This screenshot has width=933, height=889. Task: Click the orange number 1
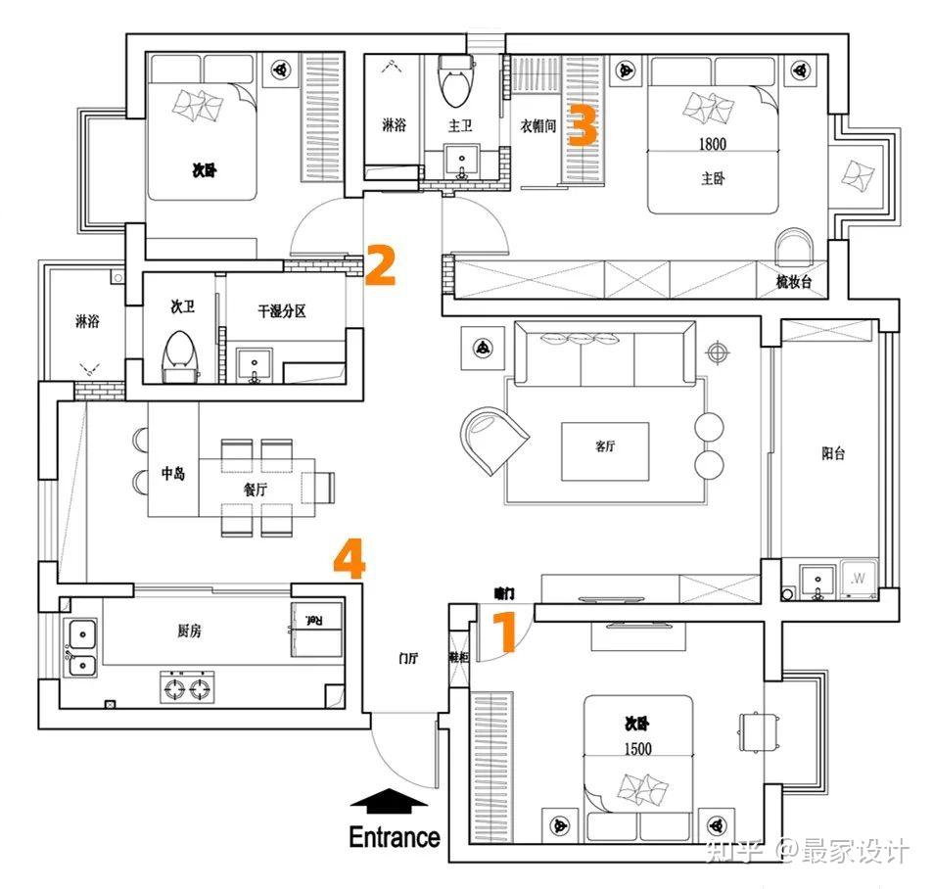pyautogui.click(x=503, y=632)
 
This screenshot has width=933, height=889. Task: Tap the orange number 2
pyautogui.click(x=380, y=265)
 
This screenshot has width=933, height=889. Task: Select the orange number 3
pyautogui.click(x=583, y=126)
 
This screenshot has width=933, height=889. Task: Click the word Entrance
pyautogui.click(x=395, y=838)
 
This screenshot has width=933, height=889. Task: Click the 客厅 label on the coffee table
pyautogui.click(x=604, y=446)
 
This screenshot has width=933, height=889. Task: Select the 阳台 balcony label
pyautogui.click(x=832, y=453)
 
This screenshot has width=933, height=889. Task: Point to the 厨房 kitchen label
pyautogui.click(x=189, y=632)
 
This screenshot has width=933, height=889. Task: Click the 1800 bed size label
pyautogui.click(x=713, y=144)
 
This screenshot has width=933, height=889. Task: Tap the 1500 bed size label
pyautogui.click(x=637, y=749)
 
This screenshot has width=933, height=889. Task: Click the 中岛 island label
pyautogui.click(x=173, y=474)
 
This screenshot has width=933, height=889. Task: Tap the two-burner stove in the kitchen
pyautogui.click(x=188, y=688)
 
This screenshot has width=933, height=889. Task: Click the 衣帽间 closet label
pyautogui.click(x=538, y=126)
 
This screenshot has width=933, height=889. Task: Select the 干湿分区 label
pyautogui.click(x=282, y=311)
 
